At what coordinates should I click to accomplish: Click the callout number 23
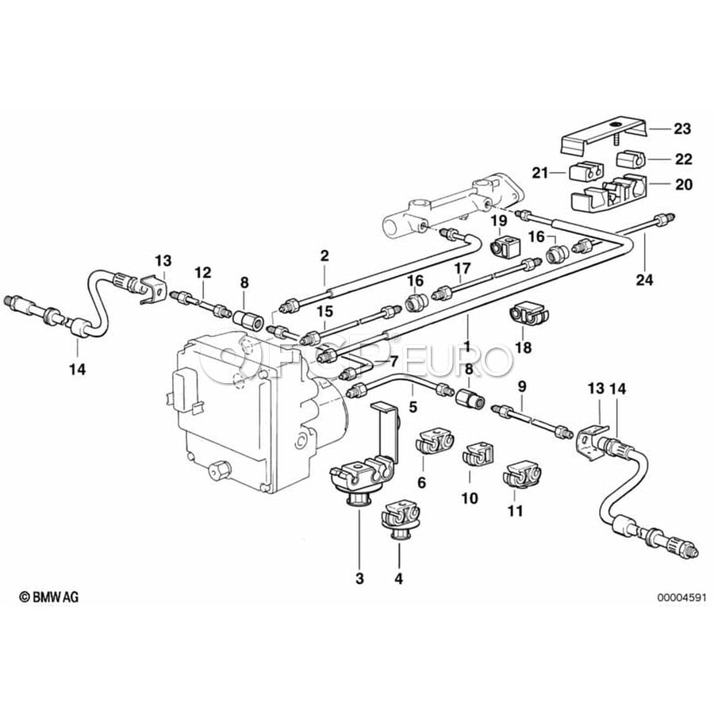point(681,129)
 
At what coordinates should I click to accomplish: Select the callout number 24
point(645,279)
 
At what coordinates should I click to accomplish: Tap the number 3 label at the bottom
point(359,578)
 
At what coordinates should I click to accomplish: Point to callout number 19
point(499,221)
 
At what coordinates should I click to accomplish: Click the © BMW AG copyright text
point(48,597)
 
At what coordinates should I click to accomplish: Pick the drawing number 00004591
point(681,597)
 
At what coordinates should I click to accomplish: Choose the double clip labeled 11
point(522,475)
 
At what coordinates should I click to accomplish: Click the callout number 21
point(540,173)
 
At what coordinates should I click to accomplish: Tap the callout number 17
point(462,268)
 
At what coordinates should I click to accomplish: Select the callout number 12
point(203,272)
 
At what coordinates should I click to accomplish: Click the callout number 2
point(324,255)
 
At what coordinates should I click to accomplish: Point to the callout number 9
point(522,386)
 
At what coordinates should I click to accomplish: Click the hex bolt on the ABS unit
point(219,470)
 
